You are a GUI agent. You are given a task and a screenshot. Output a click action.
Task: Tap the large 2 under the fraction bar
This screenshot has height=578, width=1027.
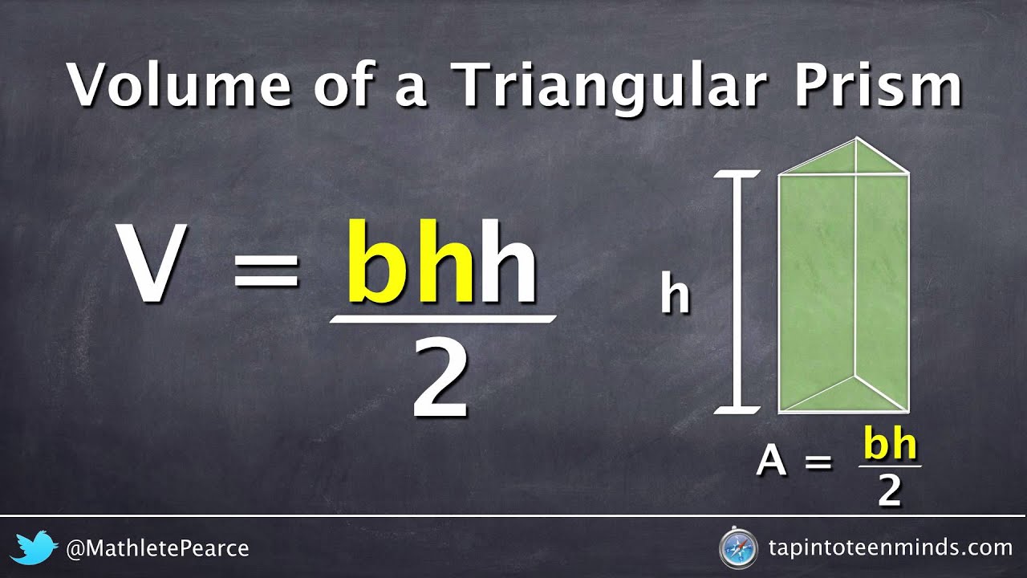pyautogui.click(x=440, y=377)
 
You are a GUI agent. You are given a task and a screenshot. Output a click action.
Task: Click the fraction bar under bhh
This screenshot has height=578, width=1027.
pyautogui.click(x=443, y=319)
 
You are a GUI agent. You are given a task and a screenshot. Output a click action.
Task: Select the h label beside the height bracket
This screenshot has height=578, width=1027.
pyautogui.click(x=675, y=295)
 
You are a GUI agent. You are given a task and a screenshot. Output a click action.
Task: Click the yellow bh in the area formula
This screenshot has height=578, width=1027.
pyautogui.click(x=890, y=446)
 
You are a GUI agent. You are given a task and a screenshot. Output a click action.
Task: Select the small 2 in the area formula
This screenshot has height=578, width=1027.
pyautogui.click(x=889, y=491)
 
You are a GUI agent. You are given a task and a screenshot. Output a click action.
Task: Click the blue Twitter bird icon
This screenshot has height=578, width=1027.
pyautogui.click(x=35, y=548)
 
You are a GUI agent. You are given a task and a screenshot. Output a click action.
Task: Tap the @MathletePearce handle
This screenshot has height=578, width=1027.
pyautogui.click(x=157, y=549)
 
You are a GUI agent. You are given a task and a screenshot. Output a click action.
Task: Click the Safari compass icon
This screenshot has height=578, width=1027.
pyautogui.click(x=737, y=549)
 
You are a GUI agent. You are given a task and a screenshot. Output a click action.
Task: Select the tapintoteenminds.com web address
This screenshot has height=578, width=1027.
pyautogui.click(x=889, y=549)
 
